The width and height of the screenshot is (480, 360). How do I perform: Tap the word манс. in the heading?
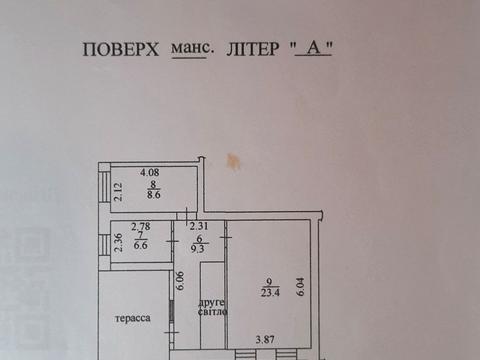click(188, 47)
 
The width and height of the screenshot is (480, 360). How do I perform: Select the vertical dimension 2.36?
click(117, 243)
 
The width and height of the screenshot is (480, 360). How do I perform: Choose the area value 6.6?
click(140, 244)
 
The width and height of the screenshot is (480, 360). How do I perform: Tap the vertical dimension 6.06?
click(180, 282)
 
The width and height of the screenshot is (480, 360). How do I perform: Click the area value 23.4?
click(267, 294)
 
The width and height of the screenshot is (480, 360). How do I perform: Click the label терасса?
click(132, 318)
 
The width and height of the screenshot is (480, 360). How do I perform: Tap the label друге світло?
click(212, 306)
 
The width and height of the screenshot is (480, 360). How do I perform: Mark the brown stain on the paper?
click(233, 160)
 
